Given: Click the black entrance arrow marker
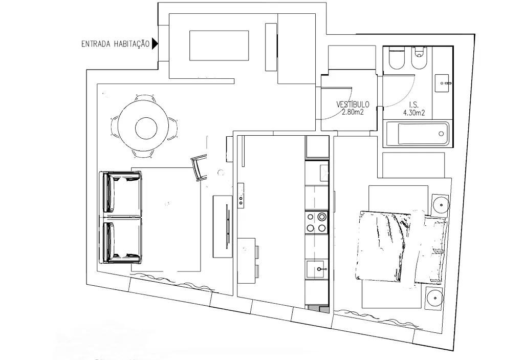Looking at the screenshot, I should [x=155, y=44].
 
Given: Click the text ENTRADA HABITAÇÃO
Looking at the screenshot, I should [x=115, y=45].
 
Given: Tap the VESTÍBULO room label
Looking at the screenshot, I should [x=353, y=104].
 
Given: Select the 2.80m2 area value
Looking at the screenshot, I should [x=353, y=113].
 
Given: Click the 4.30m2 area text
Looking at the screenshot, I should [x=414, y=113].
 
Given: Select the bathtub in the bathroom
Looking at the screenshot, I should [x=417, y=134].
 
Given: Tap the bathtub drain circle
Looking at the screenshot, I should [x=441, y=134].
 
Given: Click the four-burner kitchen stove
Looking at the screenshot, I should [x=316, y=222].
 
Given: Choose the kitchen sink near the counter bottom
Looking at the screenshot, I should [x=316, y=268].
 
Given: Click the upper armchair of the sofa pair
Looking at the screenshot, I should [x=122, y=193].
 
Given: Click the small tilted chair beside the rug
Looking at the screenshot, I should [x=199, y=168].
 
